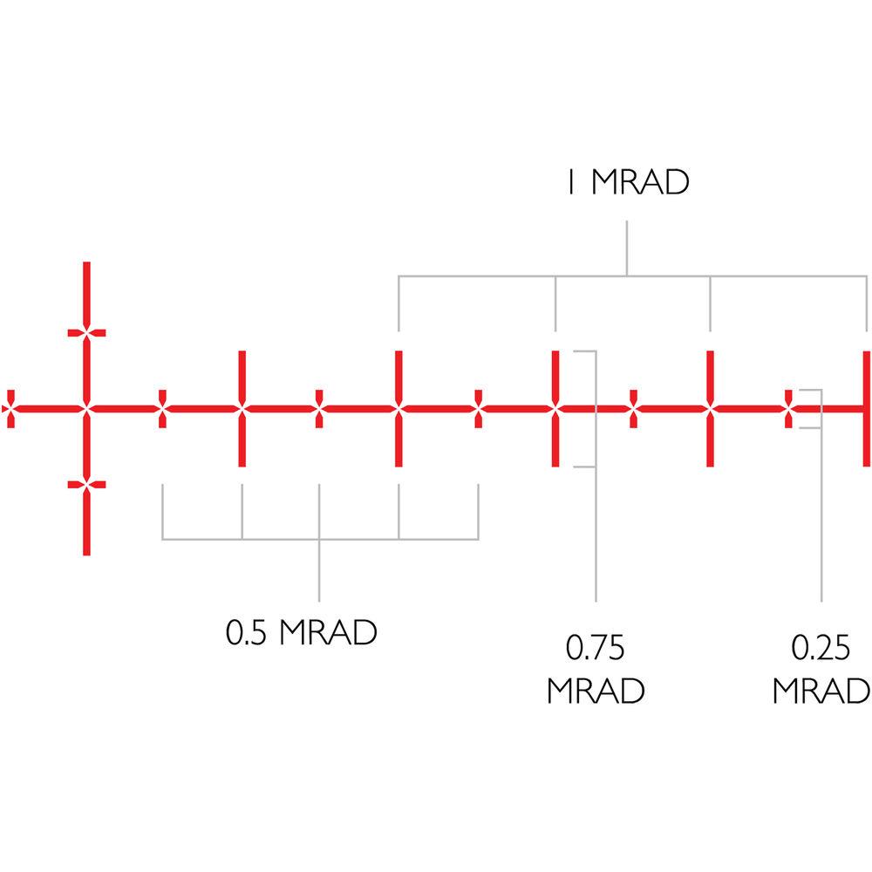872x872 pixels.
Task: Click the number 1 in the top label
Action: tap(570, 184)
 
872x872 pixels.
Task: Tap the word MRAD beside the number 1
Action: tap(640, 184)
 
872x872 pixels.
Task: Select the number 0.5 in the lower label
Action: tap(245, 632)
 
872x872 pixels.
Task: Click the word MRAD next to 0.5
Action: tap(328, 632)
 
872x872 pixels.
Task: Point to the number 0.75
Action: tap(596, 650)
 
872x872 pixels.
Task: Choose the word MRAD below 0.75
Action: tap(596, 691)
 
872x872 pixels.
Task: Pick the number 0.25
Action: tap(821, 650)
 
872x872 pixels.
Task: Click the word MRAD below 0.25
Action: tap(821, 691)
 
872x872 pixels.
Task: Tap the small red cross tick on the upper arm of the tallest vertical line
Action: tap(85, 332)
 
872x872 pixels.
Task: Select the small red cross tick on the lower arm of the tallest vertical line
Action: tap(85, 484)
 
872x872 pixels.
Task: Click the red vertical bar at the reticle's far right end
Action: tap(866, 408)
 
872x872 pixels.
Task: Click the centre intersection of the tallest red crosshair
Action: tap(85, 408)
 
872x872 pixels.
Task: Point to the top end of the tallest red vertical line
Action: tap(85, 264)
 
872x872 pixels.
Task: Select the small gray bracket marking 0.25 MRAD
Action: tap(820, 408)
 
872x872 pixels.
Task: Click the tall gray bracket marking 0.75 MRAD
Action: tap(594, 408)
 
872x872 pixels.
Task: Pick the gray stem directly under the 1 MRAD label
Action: tap(626, 249)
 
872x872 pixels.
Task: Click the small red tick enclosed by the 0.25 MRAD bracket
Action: tap(789, 408)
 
